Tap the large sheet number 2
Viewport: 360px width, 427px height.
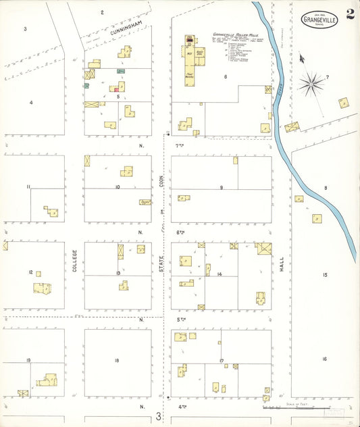[350, 14]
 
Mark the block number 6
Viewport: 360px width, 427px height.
[226, 77]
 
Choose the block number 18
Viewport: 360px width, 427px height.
[116, 361]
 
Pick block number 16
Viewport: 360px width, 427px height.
[324, 359]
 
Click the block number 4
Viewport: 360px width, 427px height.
[30, 103]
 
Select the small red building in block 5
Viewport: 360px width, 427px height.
[116, 89]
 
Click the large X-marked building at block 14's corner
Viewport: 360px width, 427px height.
[263, 248]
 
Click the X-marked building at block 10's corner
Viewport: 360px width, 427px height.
[87, 161]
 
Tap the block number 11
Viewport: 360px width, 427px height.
[28, 186]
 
